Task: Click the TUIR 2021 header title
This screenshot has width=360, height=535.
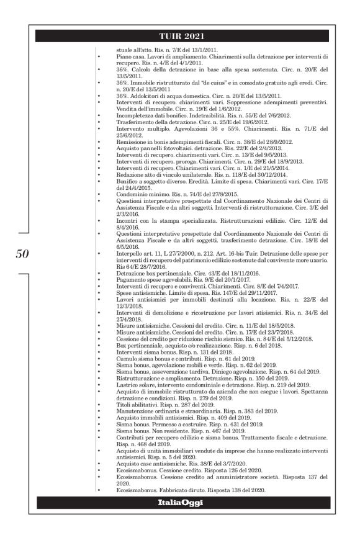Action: [x=179, y=36]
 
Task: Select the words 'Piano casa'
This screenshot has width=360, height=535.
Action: [x=130, y=56]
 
